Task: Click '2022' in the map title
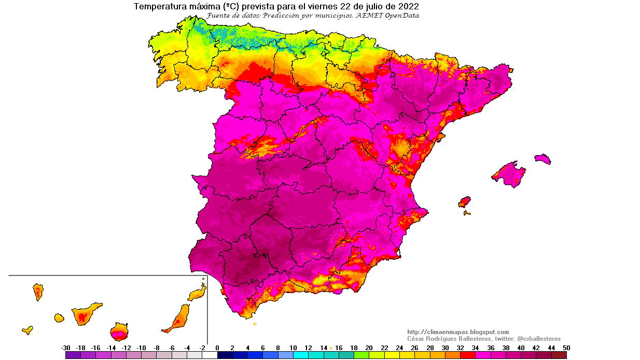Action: [x=408, y=7]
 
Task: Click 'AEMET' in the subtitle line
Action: [x=370, y=16]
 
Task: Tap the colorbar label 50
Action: [x=566, y=348]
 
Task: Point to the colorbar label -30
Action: [x=65, y=348]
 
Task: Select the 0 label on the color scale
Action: [x=217, y=348]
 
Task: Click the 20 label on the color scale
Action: [x=369, y=348]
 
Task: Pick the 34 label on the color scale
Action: [x=476, y=348]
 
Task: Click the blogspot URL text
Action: [x=458, y=332]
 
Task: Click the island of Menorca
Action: [x=542, y=159]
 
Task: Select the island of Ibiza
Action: [x=464, y=202]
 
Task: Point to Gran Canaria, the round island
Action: [x=119, y=331]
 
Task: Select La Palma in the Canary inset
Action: [x=38, y=292]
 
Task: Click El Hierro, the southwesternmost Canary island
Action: [x=27, y=330]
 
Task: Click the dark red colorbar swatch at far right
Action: [x=559, y=356]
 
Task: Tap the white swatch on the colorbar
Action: [x=210, y=356]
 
